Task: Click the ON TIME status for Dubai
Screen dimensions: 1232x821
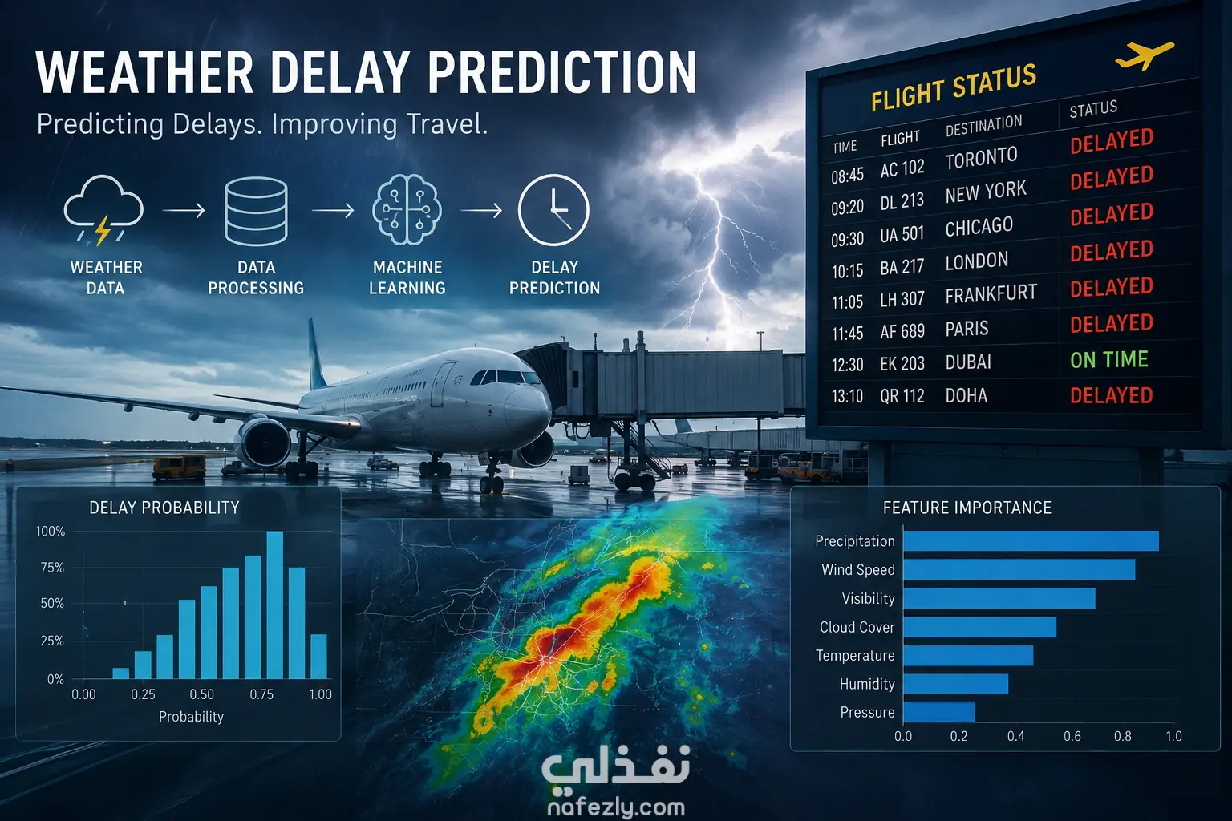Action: coord(1108,360)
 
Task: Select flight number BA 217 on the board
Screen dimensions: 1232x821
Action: coord(902,267)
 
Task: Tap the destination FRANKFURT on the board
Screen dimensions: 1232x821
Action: coord(991,293)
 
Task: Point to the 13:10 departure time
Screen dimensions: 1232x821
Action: coord(847,396)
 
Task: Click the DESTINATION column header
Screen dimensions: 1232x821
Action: coord(983,126)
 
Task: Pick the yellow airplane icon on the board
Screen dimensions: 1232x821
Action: coord(1144,55)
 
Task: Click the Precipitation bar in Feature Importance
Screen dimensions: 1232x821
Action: coord(1031,541)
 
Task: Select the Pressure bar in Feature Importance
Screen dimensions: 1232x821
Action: coord(939,712)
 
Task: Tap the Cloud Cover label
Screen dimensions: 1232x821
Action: coord(857,627)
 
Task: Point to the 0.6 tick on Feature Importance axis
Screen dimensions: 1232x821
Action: coord(1072,736)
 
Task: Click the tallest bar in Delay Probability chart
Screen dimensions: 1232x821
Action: coord(275,605)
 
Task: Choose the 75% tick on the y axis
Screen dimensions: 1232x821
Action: coord(52,568)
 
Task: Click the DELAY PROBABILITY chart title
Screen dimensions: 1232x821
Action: coord(164,508)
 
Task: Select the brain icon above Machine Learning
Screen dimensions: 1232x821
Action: coord(407,209)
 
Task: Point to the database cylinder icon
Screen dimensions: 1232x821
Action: coord(256,211)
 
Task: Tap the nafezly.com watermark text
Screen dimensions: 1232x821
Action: coord(616,807)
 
